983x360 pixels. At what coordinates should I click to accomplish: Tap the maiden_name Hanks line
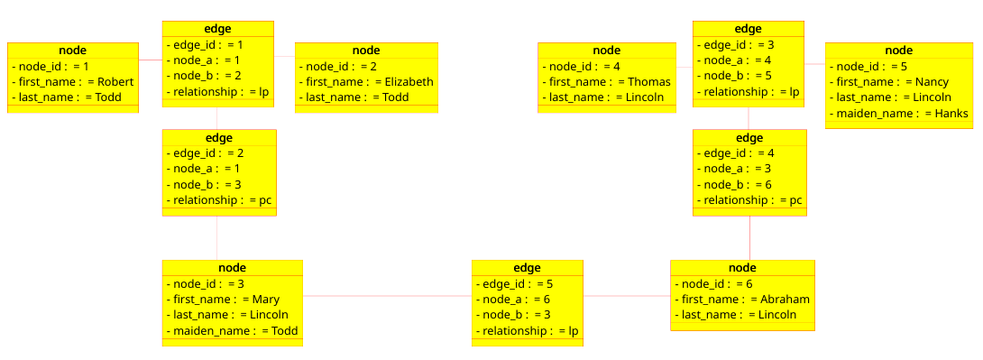898,114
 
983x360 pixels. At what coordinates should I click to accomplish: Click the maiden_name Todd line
232,331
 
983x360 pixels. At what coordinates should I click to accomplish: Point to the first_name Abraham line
741,300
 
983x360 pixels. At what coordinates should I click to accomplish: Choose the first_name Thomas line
606,82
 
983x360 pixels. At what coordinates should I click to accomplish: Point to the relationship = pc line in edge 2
218,200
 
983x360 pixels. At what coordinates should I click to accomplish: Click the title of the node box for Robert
72,50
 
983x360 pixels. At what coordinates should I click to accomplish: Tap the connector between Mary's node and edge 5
387,296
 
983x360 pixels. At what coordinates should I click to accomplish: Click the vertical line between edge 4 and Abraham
749,238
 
